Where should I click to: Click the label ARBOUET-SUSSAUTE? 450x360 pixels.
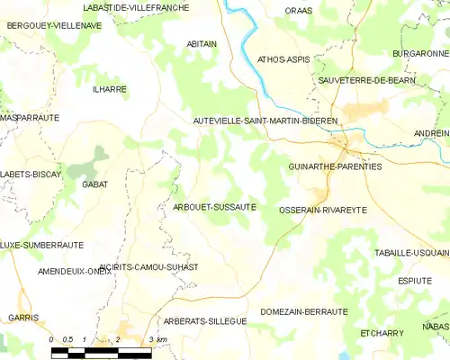214,207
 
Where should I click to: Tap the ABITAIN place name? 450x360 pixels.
202,43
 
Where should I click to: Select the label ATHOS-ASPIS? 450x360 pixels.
283,59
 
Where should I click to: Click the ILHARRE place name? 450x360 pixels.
109,89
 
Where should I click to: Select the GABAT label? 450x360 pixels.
94,184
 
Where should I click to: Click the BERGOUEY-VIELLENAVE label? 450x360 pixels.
54,26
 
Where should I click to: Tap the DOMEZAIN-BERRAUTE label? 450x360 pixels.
303,311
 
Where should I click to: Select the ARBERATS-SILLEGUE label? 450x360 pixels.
204,321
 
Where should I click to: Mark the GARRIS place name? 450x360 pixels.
23,318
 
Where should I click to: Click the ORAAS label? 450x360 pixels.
298,11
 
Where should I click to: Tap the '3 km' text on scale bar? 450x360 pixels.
158,339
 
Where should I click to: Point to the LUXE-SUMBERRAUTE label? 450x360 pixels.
42,245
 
